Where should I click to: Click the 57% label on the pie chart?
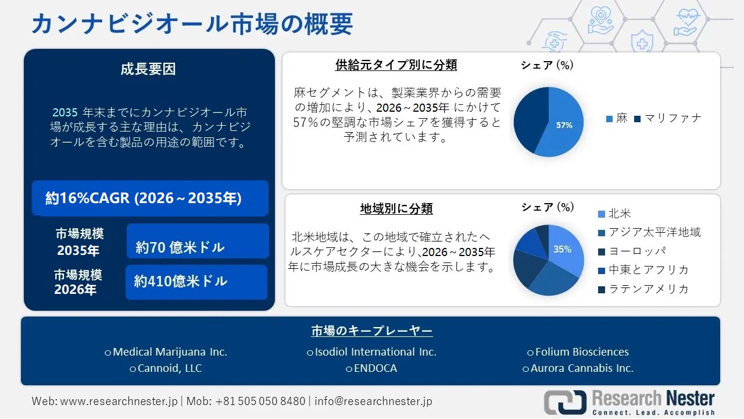click(564, 125)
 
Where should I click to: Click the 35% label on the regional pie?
click(562, 249)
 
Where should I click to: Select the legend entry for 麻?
click(617, 119)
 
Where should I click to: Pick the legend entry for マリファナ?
click(668, 119)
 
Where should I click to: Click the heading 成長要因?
click(148, 69)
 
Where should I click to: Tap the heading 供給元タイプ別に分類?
click(396, 65)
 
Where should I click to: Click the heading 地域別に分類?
click(396, 208)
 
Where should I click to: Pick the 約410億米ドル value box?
click(196, 282)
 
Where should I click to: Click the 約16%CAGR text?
click(144, 198)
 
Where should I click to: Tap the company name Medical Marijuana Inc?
click(166, 352)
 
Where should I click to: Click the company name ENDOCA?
click(371, 368)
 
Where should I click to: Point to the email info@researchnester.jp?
click(374, 402)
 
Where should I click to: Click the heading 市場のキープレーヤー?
click(372, 331)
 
